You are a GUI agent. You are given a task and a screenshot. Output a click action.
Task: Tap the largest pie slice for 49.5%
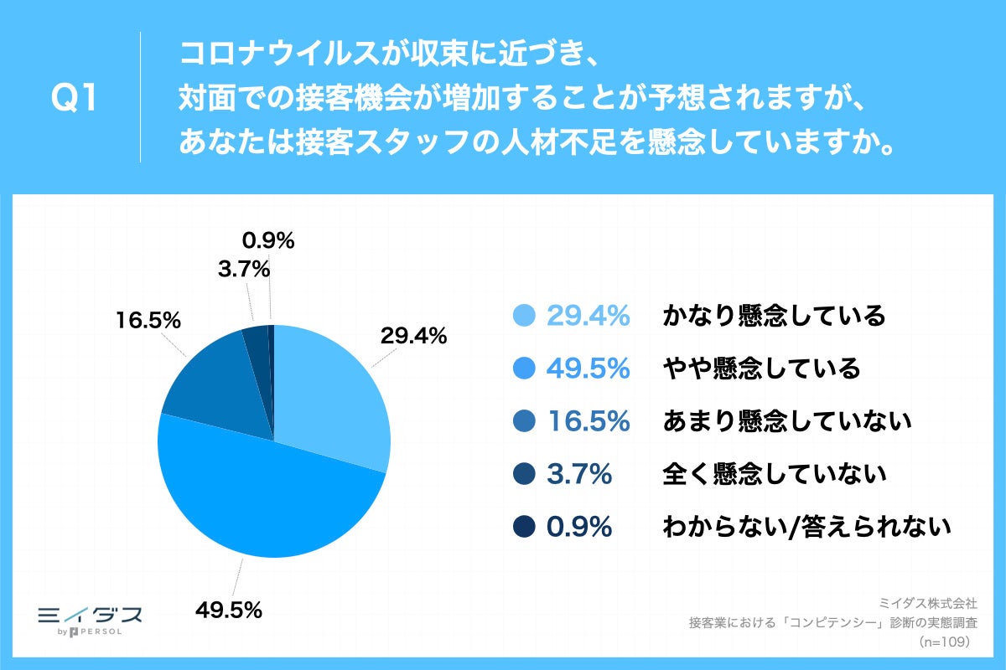click(268, 494)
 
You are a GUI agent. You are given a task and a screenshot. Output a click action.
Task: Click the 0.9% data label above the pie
click(268, 241)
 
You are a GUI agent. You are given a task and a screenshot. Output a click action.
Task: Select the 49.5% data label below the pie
click(229, 610)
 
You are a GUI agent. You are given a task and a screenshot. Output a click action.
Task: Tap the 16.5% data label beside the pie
click(148, 320)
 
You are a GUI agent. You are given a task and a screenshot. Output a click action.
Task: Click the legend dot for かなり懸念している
click(523, 316)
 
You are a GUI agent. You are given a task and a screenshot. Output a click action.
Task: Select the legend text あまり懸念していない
click(786, 421)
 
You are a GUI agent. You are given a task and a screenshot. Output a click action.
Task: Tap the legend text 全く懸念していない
click(774, 474)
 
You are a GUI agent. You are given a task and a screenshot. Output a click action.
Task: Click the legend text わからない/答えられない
click(806, 527)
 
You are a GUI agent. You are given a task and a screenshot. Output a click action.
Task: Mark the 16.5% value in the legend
click(588, 421)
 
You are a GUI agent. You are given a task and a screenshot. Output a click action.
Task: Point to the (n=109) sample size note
click(944, 642)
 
